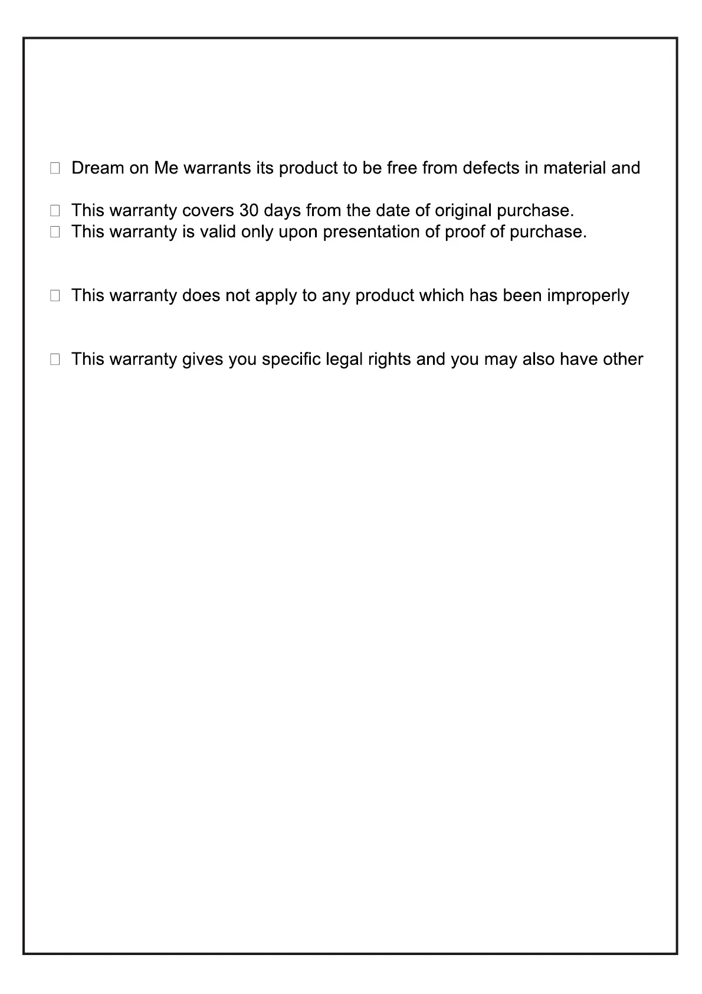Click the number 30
pos(249,211)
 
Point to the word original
pos(463,211)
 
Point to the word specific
pos(291,359)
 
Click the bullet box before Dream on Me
pos(55,168)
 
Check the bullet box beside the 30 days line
pos(55,211)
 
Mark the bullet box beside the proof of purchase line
pos(55,232)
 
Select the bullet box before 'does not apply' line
pos(55,296)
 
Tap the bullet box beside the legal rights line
pos(55,359)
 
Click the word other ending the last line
pos(622,359)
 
